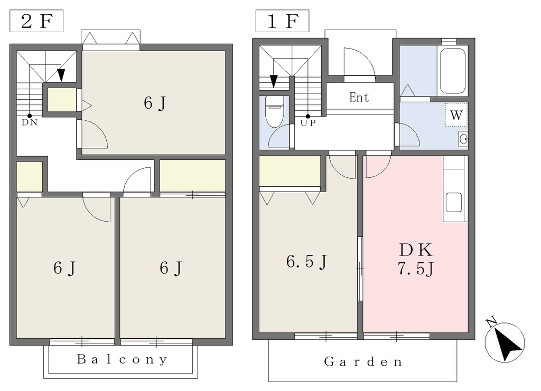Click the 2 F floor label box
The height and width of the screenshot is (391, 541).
click(36, 21)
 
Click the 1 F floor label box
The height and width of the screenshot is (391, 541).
click(282, 21)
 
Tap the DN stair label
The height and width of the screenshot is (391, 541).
click(30, 122)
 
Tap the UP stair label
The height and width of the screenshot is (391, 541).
click(308, 123)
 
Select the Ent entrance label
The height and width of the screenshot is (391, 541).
click(359, 98)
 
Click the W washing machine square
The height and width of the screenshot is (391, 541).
click(456, 115)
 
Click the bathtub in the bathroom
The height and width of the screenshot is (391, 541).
click(453, 71)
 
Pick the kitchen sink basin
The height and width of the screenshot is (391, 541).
click(454, 202)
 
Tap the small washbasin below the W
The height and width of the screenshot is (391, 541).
click(463, 139)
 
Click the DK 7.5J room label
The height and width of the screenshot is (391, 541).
click(416, 259)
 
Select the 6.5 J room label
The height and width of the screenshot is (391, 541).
click(307, 262)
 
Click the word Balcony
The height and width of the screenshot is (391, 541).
click(122, 359)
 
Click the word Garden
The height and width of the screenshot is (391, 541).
click(363, 362)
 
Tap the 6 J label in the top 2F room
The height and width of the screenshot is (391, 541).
click(155, 103)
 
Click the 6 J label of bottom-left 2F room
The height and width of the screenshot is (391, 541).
click(64, 268)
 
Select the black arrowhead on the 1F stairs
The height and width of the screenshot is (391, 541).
click(274, 81)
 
